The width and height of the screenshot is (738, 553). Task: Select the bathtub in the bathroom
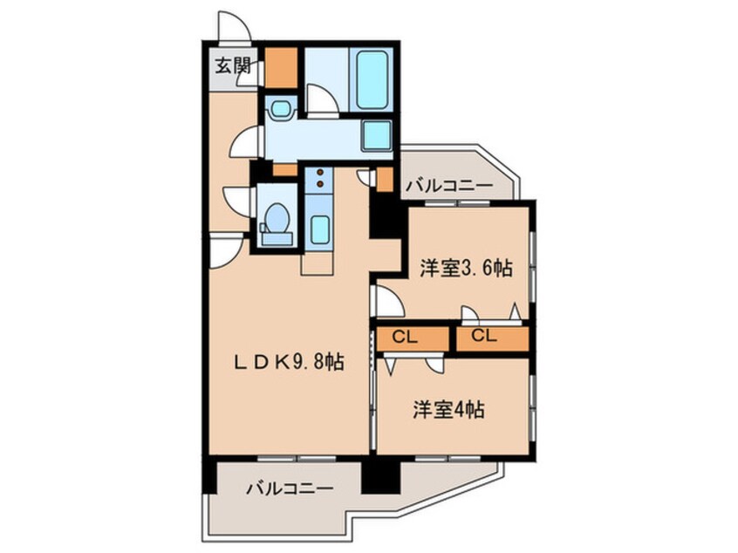tap(373, 78)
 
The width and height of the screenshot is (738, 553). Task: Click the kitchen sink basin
tap(319, 229)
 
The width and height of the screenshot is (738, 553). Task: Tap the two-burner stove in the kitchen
tap(319, 178)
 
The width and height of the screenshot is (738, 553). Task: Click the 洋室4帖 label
tap(449, 409)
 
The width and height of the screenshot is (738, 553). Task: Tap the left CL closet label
tap(404, 336)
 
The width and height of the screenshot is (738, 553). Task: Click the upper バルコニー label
tap(448, 185)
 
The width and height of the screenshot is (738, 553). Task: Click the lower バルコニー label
tap(289, 489)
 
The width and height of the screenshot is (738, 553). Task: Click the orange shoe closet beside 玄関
tap(282, 69)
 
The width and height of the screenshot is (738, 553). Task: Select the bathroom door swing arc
tap(322, 101)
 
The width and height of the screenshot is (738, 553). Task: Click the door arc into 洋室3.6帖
tap(387, 301)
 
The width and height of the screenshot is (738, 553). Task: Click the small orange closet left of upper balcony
tap(385, 179)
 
